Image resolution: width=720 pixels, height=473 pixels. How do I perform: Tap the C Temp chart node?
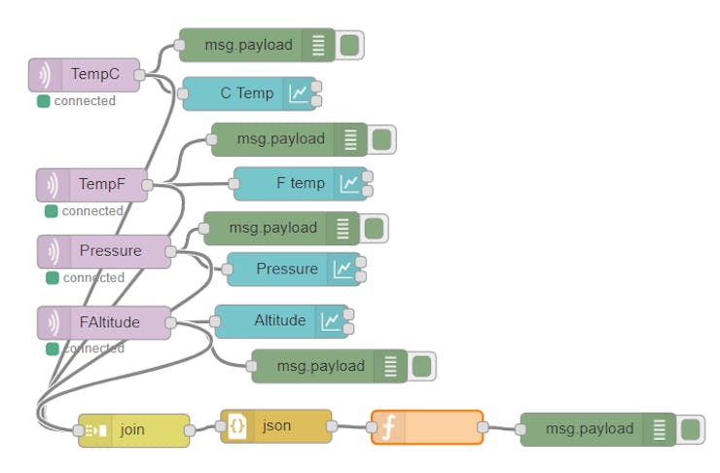(249, 94)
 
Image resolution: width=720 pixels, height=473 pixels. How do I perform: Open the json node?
(276, 426)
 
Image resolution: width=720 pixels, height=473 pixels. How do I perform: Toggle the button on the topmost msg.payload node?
(349, 45)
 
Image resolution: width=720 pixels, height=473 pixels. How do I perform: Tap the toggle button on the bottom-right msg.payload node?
(690, 429)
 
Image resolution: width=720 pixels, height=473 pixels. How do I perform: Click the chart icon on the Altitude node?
(331, 321)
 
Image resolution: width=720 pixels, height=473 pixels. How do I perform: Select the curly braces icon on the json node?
(236, 426)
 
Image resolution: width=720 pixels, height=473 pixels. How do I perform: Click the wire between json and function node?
(351, 427)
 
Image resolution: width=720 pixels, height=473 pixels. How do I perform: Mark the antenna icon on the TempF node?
(53, 185)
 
